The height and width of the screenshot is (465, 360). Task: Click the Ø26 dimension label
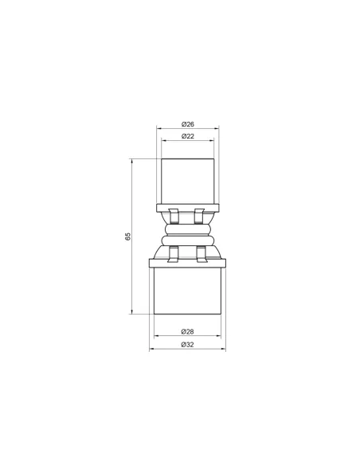coord(188,124)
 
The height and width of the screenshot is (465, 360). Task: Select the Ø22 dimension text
coord(188,136)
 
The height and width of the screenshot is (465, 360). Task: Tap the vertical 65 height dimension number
coord(127,236)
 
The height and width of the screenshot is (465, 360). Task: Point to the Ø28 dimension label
coord(187,331)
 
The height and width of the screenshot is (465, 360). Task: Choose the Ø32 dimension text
coord(187,344)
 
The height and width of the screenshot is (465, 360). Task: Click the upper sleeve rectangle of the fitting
coord(188,182)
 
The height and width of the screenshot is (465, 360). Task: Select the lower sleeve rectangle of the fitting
coord(187,291)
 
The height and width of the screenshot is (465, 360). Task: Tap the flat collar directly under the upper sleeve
coord(188,208)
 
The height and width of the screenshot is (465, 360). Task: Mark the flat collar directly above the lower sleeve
coord(187,263)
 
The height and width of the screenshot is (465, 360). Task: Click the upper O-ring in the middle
coord(188,229)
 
